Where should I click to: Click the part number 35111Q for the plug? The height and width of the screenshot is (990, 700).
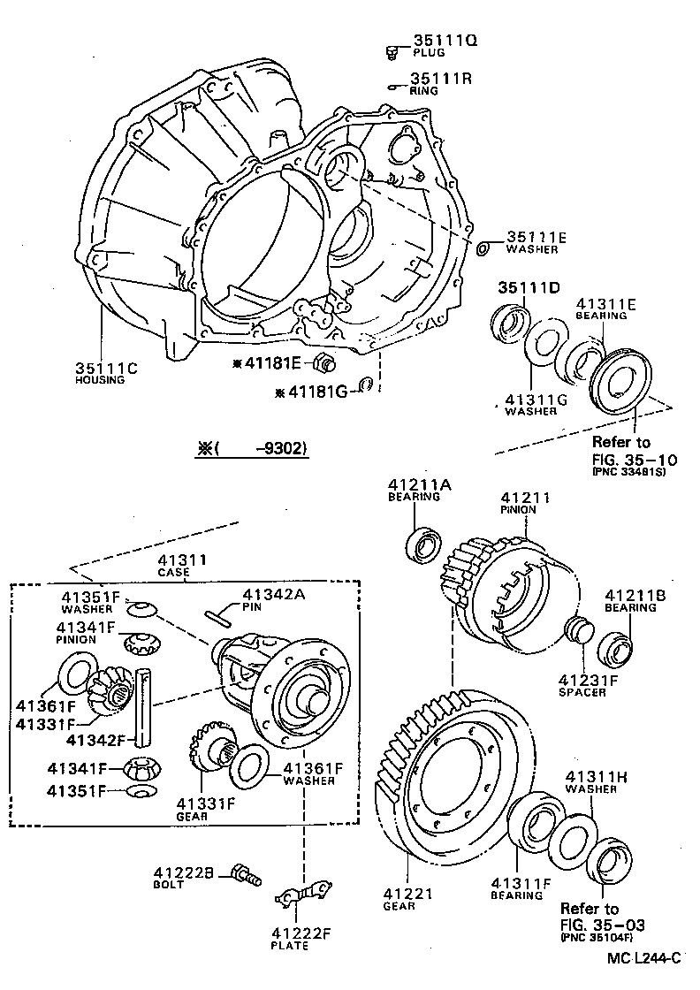pyautogui.click(x=445, y=40)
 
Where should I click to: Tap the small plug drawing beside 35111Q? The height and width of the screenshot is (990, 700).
pyautogui.click(x=392, y=53)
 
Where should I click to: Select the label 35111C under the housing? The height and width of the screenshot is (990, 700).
pyautogui.click(x=105, y=368)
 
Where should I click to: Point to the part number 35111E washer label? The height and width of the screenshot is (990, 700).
pyautogui.click(x=536, y=237)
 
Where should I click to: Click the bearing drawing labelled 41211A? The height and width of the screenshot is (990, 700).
pyautogui.click(x=424, y=545)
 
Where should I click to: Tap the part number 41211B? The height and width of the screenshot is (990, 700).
pyautogui.click(x=631, y=595)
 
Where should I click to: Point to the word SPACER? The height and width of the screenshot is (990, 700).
pyautogui.click(x=582, y=692)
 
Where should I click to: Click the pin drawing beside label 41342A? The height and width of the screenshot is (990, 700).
pyautogui.click(x=218, y=617)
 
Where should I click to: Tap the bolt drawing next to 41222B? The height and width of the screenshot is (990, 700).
pyautogui.click(x=244, y=875)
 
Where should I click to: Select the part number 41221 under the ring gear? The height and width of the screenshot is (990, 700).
pyautogui.click(x=408, y=894)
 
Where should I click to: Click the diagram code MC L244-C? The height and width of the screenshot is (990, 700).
pyautogui.click(x=644, y=957)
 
